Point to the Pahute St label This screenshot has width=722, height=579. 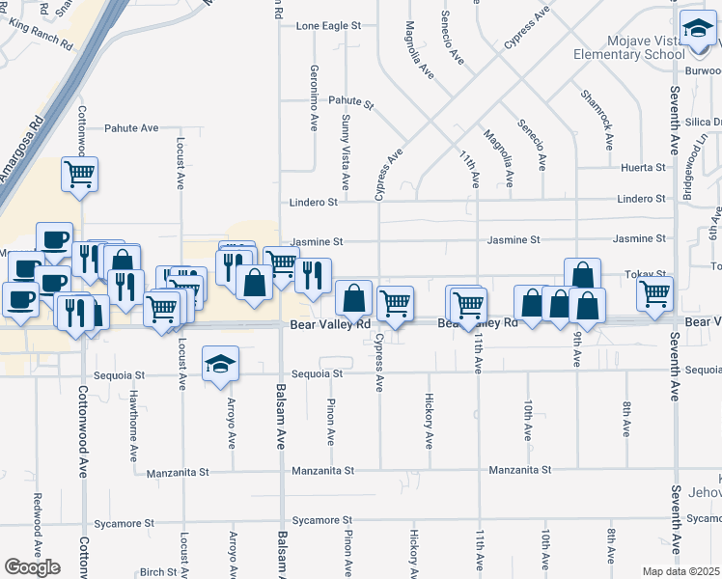click(x=349, y=101)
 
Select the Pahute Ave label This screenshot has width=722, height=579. click(x=131, y=127)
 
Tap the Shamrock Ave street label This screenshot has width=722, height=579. click(x=597, y=120)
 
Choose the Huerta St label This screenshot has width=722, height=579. click(x=644, y=167)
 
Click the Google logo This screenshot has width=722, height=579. click(x=32, y=567)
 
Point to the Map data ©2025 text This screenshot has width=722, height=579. click(x=681, y=571)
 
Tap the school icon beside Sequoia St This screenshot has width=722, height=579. click(x=220, y=365)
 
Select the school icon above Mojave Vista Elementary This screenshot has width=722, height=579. click(x=697, y=31)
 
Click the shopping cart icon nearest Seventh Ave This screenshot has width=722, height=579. click(x=654, y=292)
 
